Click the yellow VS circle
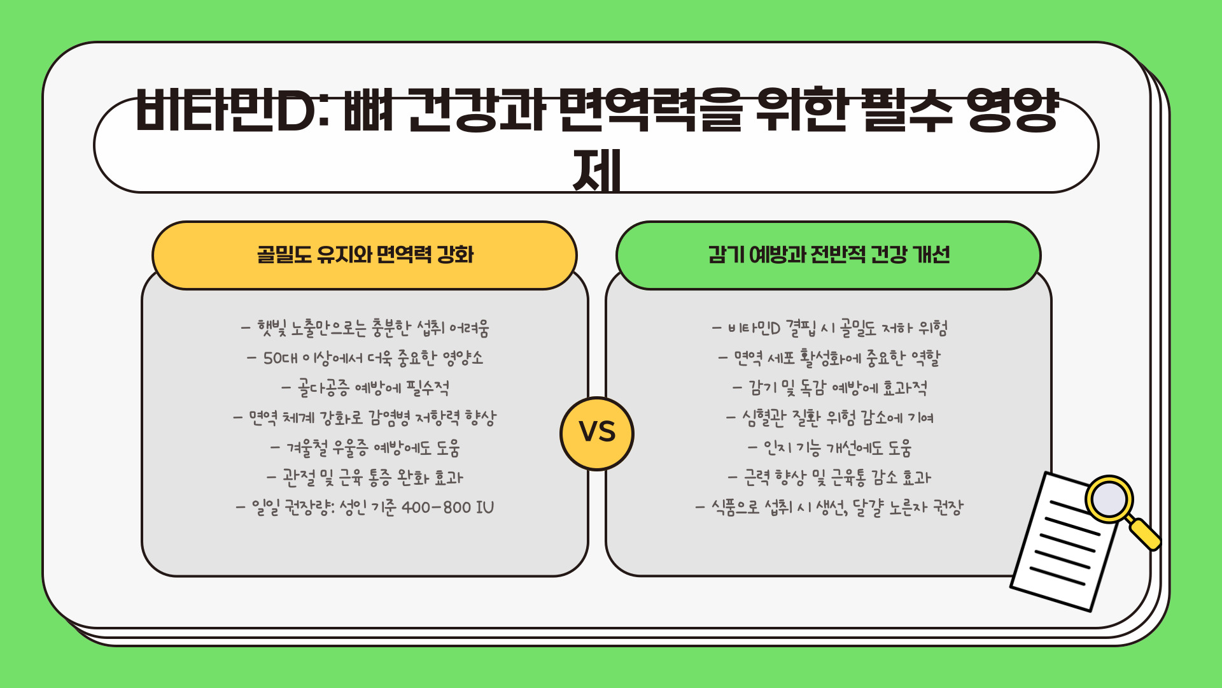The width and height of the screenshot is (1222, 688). (x=597, y=433)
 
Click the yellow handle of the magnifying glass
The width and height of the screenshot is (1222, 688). (x=1144, y=534)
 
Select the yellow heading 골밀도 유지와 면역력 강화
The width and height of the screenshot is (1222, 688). (x=365, y=255)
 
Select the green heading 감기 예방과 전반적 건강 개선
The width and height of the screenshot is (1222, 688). (x=829, y=255)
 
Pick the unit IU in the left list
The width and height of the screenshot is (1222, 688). (x=484, y=508)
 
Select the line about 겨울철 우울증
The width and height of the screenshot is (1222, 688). (x=365, y=448)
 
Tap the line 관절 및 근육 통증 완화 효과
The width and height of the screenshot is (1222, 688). (x=365, y=478)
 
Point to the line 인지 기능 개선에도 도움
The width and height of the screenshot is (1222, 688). (x=830, y=448)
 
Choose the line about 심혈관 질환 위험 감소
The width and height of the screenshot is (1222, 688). (x=830, y=418)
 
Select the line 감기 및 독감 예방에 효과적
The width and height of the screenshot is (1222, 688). (x=830, y=388)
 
